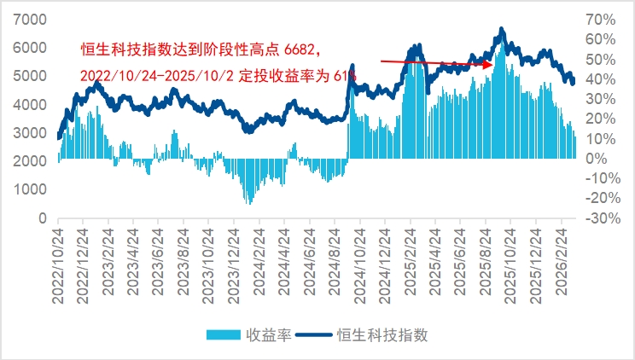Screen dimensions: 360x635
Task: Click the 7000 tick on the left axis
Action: pyautogui.click(x=31, y=19)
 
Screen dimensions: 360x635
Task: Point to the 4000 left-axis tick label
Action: pyautogui.click(x=31, y=104)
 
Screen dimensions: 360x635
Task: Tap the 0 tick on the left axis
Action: pyautogui.click(x=42, y=218)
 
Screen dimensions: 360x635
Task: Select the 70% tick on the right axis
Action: pyautogui.click(x=600, y=19)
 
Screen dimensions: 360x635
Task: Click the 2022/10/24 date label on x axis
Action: pyautogui.click(x=59, y=259)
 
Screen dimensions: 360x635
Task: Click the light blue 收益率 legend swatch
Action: pyautogui.click(x=224, y=334)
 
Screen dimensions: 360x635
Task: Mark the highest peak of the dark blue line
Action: pyautogui.click(x=501, y=29)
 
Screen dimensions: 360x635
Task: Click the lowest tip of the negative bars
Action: pyautogui.click(x=249, y=204)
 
